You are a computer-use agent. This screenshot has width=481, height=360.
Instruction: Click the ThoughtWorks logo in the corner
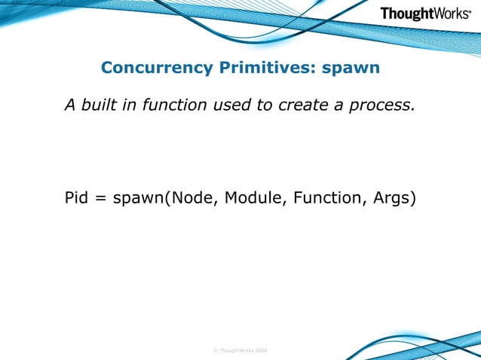click(x=425, y=14)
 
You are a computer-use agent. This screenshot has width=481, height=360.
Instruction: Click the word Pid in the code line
click(x=77, y=200)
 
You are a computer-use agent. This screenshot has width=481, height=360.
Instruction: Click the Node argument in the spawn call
click(x=191, y=200)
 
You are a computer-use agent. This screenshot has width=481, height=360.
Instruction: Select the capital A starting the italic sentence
click(x=70, y=105)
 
